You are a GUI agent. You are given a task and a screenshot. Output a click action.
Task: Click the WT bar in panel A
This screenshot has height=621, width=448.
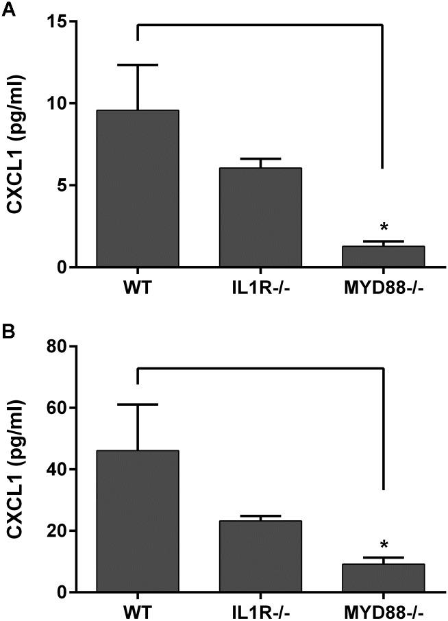(x=138, y=188)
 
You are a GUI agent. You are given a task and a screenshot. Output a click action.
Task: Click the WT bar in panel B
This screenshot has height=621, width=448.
(x=138, y=521)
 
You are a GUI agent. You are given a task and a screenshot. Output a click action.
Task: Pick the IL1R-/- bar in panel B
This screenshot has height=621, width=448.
(x=260, y=556)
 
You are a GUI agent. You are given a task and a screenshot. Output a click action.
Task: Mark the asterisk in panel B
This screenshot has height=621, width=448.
(x=384, y=545)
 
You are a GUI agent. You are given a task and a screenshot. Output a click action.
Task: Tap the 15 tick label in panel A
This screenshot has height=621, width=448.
(x=65, y=22)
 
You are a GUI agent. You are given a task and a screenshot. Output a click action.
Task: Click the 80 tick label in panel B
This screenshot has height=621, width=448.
(x=65, y=347)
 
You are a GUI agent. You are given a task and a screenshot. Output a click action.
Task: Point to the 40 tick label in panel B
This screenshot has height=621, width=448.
(x=65, y=470)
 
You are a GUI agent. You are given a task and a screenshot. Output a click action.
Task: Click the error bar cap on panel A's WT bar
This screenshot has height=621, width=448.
(x=138, y=64)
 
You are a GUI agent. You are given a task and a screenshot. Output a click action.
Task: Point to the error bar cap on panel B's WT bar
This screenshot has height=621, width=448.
(x=138, y=404)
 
